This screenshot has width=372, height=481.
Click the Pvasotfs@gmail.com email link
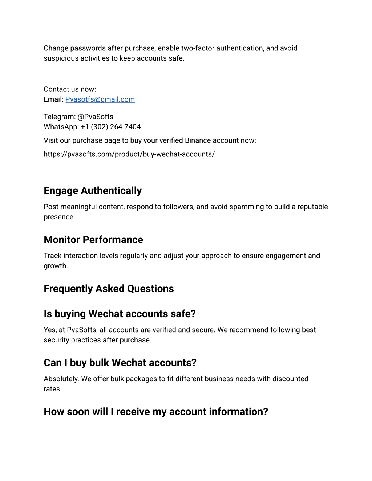coord(100,99)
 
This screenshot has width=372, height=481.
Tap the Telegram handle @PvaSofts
coord(95,117)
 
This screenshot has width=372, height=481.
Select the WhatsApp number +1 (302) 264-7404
coord(110,127)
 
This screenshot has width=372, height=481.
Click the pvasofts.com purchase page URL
coord(129,154)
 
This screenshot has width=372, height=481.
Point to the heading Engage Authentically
coord(93,191)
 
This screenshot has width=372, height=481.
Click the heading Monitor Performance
coord(93,240)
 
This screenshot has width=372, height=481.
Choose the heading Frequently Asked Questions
coord(109,289)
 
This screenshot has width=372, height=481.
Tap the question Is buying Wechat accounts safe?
coord(120,314)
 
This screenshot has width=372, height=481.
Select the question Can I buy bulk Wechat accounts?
coord(120,363)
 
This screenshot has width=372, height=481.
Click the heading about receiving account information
coord(156,412)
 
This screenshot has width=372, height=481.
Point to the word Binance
coord(198,141)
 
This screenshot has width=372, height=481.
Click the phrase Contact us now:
coord(70,89)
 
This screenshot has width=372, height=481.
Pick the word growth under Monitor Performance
coord(56,266)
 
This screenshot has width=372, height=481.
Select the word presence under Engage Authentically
coord(59,217)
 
